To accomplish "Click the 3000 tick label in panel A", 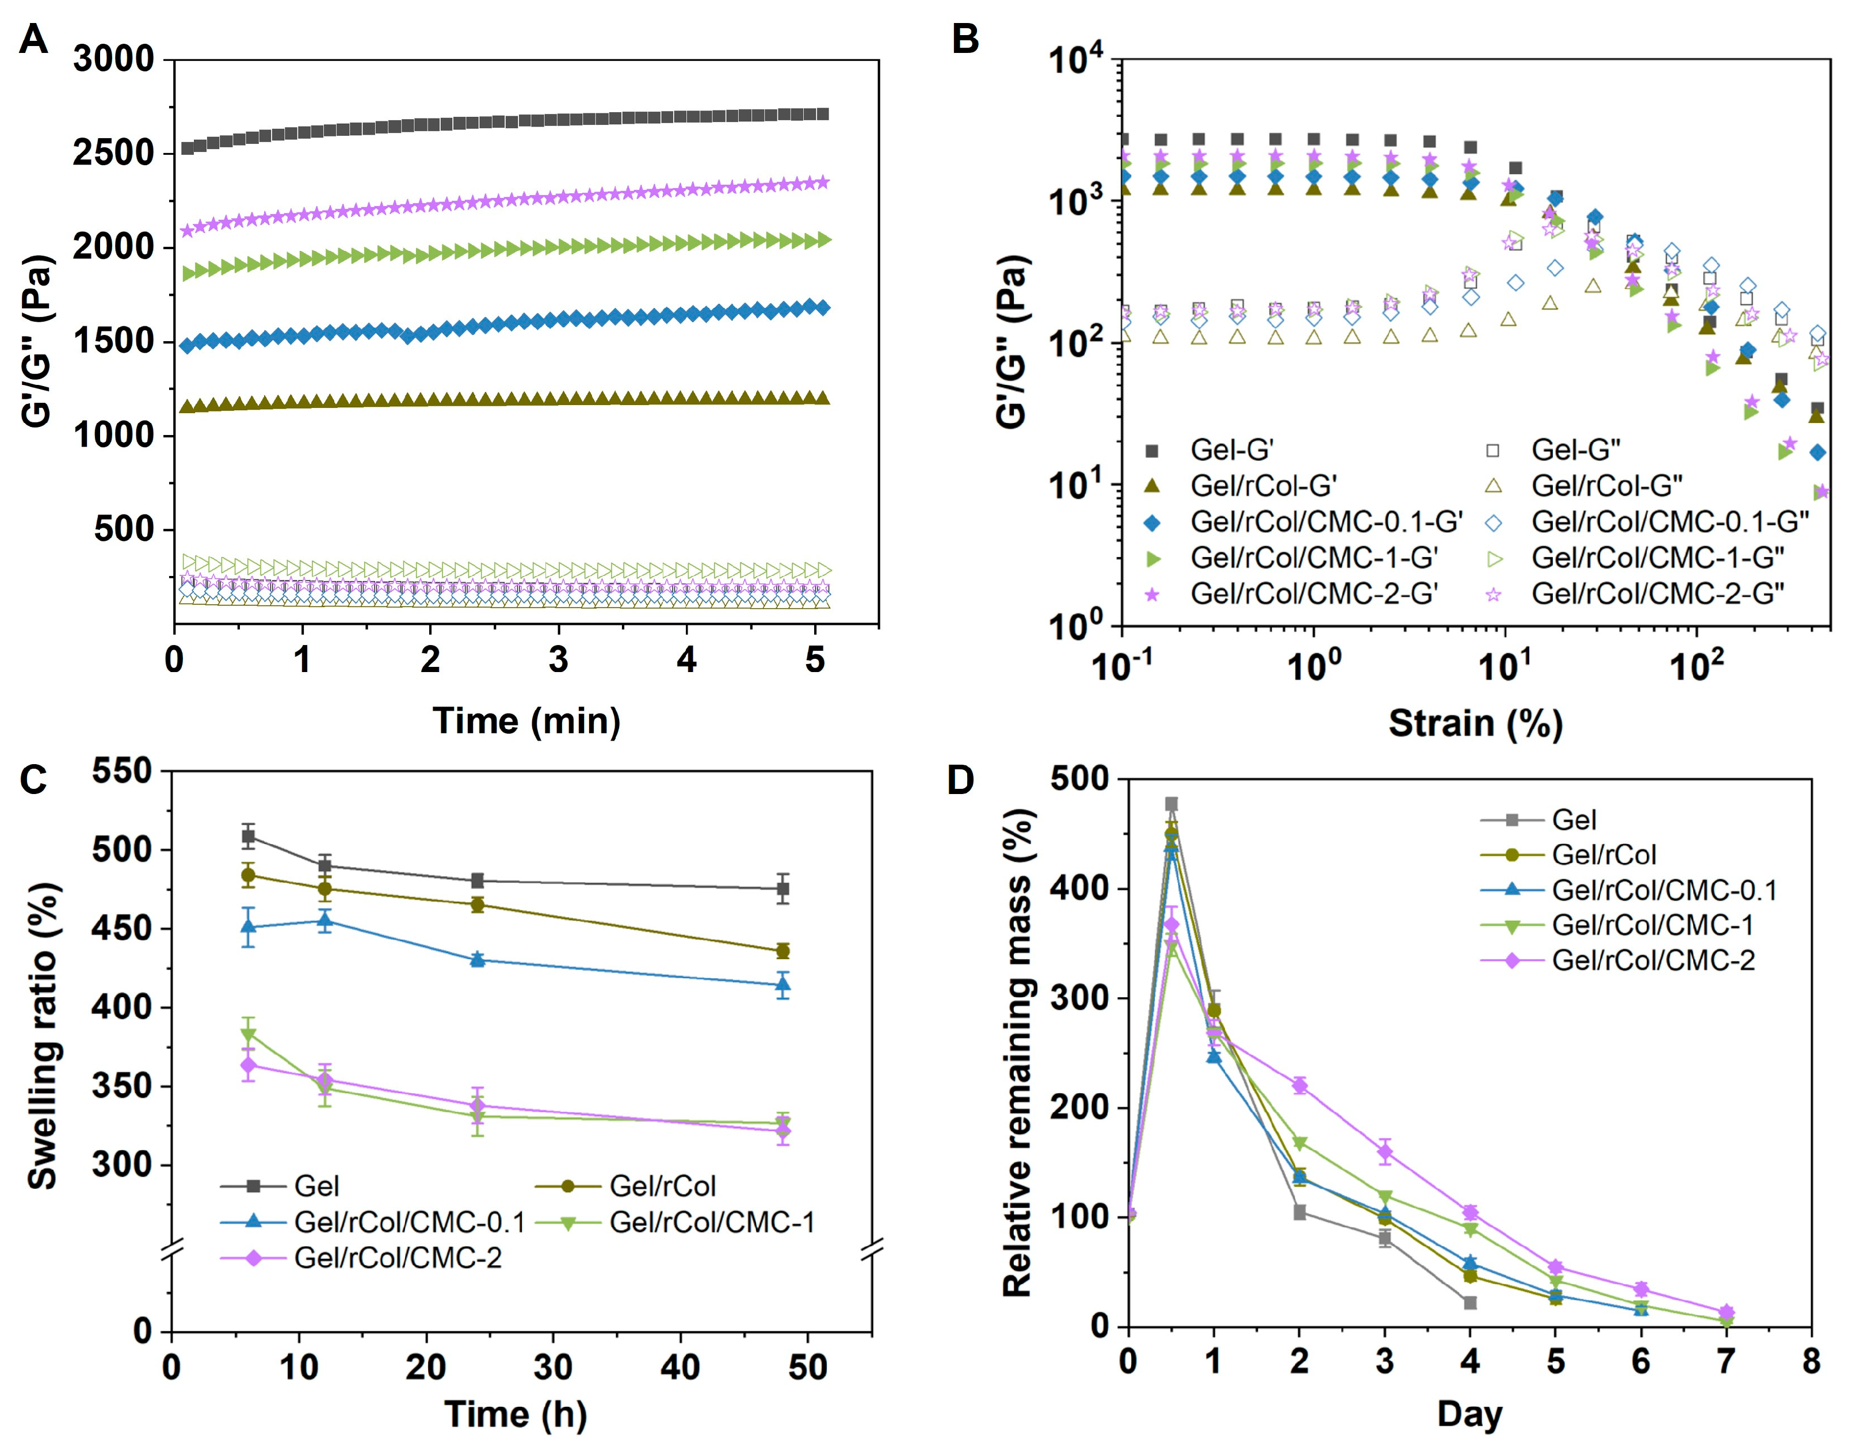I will (113, 60).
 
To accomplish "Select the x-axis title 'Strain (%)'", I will (1475, 724).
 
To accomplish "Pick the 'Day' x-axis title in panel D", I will (1470, 1415).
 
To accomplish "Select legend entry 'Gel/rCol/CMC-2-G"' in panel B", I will (1658, 593).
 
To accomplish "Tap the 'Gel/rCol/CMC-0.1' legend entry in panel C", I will (409, 1223).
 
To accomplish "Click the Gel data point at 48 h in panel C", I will (783, 889).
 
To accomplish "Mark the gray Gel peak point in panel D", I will (1171, 804).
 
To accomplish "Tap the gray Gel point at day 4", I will (1470, 1303).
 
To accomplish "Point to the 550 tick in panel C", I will (122, 771).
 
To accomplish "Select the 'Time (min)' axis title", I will (526, 721).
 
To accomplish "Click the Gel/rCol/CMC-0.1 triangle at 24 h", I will (478, 959).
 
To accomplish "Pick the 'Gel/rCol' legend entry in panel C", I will (662, 1186).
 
